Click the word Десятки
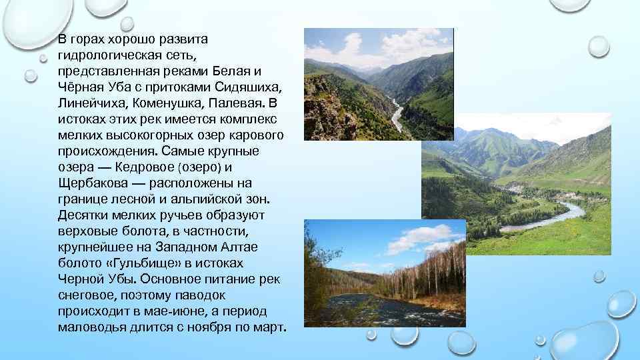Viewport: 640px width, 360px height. pyautogui.click(x=83, y=215)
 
